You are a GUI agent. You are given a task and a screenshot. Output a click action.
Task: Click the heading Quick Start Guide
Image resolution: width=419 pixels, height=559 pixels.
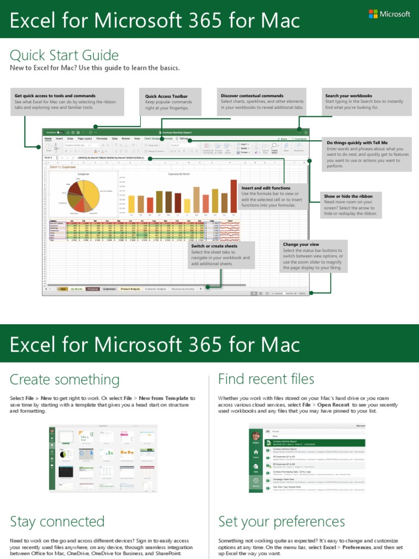click(x=64, y=55)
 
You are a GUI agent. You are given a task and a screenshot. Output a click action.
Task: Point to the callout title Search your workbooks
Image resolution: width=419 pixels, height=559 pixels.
click(x=349, y=96)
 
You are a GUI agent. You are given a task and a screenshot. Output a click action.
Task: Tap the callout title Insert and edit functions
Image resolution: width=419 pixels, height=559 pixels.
click(x=266, y=188)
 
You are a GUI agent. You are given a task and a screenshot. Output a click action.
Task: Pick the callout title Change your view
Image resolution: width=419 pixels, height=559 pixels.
click(x=301, y=245)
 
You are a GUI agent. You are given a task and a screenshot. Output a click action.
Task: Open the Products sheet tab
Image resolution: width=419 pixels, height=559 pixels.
click(x=93, y=289)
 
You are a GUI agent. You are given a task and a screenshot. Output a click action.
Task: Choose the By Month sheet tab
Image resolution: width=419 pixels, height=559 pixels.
click(x=76, y=289)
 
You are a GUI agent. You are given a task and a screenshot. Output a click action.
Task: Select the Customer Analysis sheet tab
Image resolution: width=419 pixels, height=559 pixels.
click(x=156, y=289)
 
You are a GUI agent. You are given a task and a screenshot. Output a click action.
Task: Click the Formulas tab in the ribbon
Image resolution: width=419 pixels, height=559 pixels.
click(x=102, y=139)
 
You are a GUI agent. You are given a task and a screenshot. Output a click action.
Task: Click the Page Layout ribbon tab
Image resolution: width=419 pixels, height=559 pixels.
click(x=85, y=139)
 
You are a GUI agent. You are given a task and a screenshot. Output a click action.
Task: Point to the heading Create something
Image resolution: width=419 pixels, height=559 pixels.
click(x=64, y=379)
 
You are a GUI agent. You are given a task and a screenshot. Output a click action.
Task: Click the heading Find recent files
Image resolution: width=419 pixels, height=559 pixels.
click(x=266, y=379)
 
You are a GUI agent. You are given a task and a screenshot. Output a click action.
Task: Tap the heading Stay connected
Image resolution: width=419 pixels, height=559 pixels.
click(x=57, y=521)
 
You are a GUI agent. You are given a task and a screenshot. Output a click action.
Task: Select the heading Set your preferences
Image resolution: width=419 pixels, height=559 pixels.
click(x=282, y=521)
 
